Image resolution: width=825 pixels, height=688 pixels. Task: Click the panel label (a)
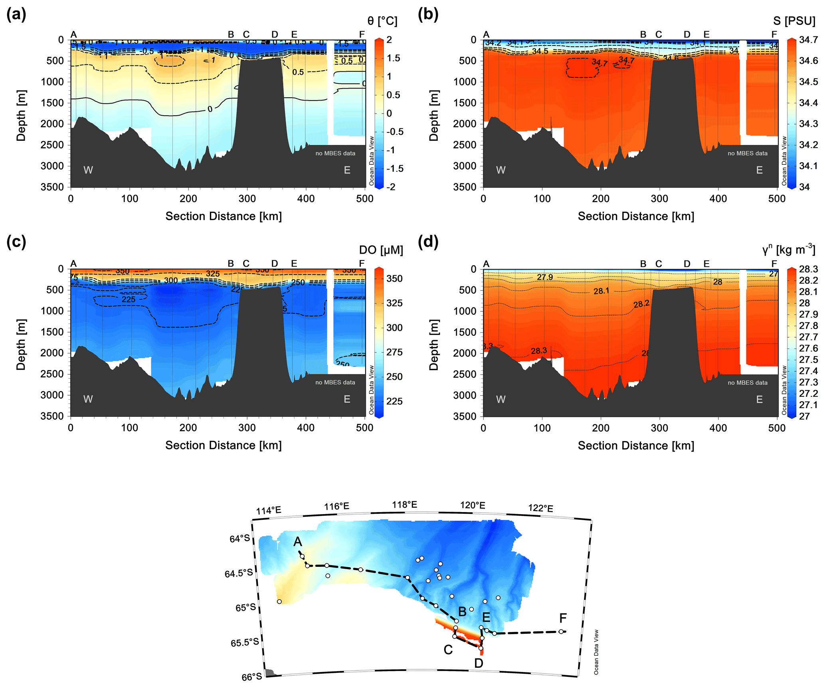[x=16, y=15]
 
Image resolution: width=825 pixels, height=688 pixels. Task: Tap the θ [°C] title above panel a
[x=382, y=21]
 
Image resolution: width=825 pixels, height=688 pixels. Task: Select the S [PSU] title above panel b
[x=794, y=21]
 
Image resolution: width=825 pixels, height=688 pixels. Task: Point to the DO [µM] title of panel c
[x=381, y=250]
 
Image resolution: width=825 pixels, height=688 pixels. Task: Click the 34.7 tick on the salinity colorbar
[x=808, y=40]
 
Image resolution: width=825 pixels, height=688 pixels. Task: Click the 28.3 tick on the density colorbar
[x=808, y=269]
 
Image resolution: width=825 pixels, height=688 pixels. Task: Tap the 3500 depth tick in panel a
[x=52, y=187]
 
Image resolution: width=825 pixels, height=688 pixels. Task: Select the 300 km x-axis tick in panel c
[x=247, y=428]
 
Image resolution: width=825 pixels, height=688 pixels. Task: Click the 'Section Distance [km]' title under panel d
[x=636, y=446]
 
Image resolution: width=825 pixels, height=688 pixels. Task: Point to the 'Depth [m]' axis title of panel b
[x=434, y=115]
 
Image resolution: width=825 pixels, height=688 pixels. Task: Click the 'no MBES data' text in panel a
[x=335, y=153]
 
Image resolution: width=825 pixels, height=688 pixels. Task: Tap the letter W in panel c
[x=88, y=399]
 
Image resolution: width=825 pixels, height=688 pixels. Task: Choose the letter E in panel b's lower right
[x=759, y=170]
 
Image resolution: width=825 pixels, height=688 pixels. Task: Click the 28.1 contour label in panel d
[x=601, y=291]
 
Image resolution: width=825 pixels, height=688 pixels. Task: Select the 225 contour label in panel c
[x=129, y=299]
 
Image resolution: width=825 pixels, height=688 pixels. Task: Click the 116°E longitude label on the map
[x=336, y=506]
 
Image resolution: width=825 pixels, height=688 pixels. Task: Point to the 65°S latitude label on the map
[x=245, y=607]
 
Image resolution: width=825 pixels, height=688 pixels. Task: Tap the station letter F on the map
[x=563, y=618]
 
